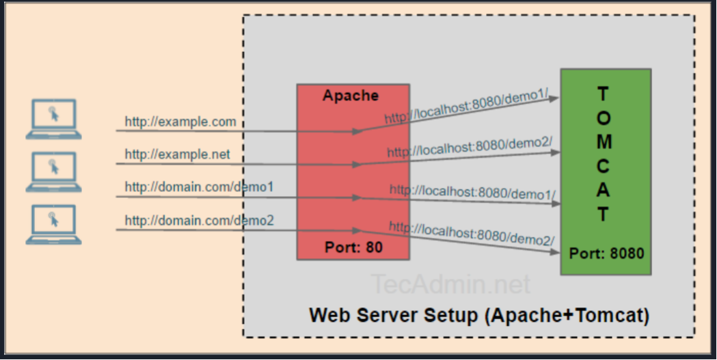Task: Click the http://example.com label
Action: point(180,122)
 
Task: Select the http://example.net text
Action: point(178,154)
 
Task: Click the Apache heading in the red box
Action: point(351,96)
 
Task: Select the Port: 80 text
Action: point(353,247)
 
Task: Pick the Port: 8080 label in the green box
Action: point(606,253)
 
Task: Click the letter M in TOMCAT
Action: point(603,142)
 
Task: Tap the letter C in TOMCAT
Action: point(603,166)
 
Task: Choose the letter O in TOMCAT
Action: point(603,117)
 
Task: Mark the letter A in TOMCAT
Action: point(603,191)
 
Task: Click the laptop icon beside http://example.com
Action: point(53,120)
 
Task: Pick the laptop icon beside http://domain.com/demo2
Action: point(53,225)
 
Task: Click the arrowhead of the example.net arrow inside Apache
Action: point(357,165)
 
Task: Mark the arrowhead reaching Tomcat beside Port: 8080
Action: point(555,253)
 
